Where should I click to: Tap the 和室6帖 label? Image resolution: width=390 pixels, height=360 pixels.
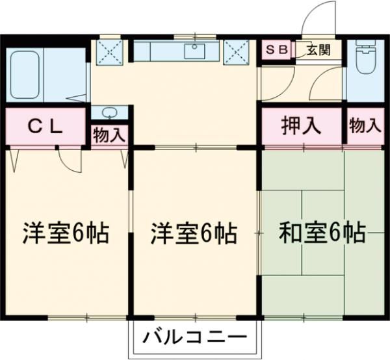point(322,231)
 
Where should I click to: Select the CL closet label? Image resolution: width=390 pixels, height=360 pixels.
point(45,127)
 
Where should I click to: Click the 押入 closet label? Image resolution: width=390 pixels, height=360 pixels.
point(301,125)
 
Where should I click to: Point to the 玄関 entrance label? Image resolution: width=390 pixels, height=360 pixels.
point(318,49)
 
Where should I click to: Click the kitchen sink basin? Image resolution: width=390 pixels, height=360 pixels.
point(195,51)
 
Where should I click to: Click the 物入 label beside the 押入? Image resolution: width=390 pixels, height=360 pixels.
point(365,126)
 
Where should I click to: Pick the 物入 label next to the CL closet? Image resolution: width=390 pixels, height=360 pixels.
point(109,136)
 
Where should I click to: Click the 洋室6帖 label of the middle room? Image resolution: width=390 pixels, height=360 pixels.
point(194,233)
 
